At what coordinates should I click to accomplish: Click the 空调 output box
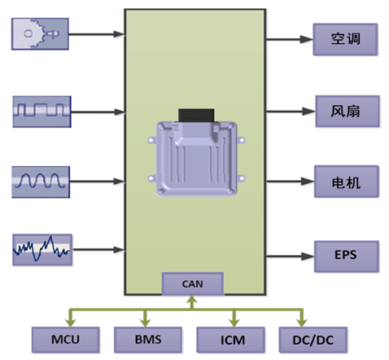pos(345,39)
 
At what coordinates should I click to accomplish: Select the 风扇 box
pos(347,111)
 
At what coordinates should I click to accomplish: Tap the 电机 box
pos(347,182)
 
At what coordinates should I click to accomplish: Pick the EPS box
pos(347,257)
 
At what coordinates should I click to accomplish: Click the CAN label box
pos(193,283)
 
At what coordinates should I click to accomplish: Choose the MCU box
pos(65,340)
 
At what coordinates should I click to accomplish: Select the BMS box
pos(148,340)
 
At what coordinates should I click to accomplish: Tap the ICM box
pos(230,340)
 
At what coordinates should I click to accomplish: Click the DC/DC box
pos(313,340)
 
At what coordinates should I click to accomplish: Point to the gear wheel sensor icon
pos(40,34)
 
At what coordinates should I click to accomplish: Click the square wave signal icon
pos(42,112)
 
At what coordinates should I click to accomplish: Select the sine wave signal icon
pos(41,182)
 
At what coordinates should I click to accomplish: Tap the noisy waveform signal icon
pos(42,250)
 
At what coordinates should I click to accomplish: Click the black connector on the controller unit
pos(196,116)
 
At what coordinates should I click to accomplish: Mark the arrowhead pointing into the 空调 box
pos(307,39)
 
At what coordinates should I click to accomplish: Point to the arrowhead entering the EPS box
pos(308,257)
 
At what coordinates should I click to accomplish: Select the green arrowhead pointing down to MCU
pos(70,323)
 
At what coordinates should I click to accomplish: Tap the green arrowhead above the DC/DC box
pos(302,323)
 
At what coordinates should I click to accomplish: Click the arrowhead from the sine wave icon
pos(119,182)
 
